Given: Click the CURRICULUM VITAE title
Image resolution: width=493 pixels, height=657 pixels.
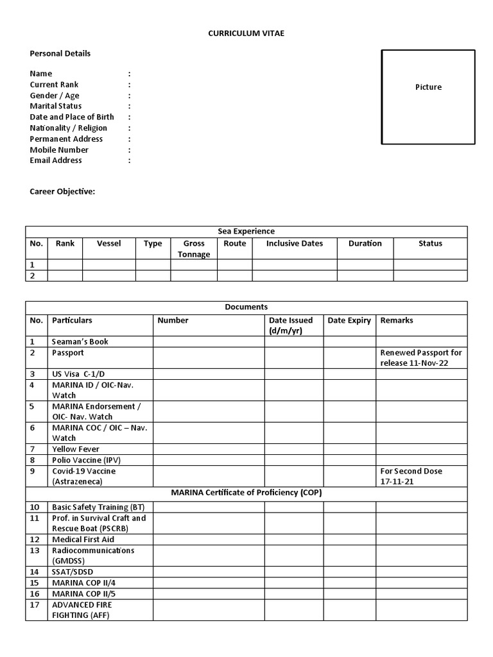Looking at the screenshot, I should [x=246, y=33].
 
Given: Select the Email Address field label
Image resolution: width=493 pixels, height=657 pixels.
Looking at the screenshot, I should [x=56, y=160].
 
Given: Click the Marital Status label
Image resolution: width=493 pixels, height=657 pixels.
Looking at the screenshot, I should [x=56, y=106].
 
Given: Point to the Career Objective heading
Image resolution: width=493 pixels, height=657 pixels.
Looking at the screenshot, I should [x=62, y=191].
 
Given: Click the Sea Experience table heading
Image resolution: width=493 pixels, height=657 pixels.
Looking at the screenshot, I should [x=246, y=231].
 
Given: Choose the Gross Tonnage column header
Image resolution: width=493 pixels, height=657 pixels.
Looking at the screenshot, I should [x=194, y=249].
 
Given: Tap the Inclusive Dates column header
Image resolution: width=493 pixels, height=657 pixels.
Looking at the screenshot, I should [x=295, y=243].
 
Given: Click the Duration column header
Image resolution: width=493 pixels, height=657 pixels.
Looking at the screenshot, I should [x=365, y=243].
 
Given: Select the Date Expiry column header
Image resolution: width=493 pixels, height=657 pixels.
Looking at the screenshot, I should [x=349, y=320].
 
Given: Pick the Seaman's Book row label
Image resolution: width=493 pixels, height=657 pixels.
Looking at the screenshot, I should [x=80, y=341].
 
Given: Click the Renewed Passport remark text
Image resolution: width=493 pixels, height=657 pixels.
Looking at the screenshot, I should [x=421, y=358].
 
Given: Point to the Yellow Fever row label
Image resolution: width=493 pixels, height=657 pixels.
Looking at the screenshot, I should [x=76, y=449].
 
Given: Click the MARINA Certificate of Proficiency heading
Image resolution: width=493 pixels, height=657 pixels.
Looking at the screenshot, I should [x=246, y=493].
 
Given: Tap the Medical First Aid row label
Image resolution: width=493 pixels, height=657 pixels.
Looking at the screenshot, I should [x=83, y=540].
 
